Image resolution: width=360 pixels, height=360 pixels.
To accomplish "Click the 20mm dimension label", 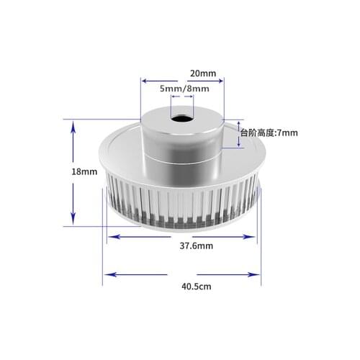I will [x=202, y=73].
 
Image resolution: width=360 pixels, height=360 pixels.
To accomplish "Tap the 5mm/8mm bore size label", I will [x=184, y=89].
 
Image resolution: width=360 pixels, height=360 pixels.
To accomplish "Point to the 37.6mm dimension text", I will [x=192, y=246].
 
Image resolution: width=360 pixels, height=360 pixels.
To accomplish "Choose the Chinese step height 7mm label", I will [x=269, y=132].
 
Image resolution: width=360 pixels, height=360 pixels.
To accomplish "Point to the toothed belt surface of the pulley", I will [x=180, y=202].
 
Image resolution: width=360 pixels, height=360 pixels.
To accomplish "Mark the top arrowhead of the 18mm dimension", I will [x=73, y=125].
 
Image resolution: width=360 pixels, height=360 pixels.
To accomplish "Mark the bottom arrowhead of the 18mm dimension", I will [x=73, y=221].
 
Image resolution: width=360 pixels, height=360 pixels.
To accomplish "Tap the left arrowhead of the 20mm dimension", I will [x=143, y=81].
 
